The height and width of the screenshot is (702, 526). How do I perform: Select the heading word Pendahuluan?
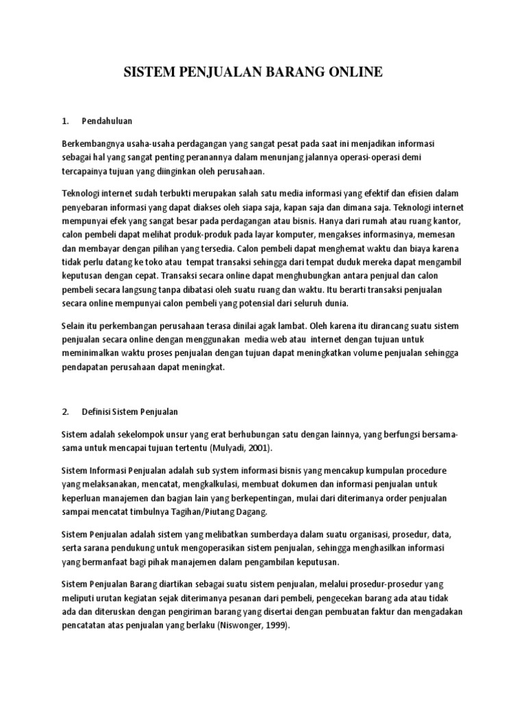pos(107,121)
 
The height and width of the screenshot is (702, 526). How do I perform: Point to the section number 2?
pos(66,412)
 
